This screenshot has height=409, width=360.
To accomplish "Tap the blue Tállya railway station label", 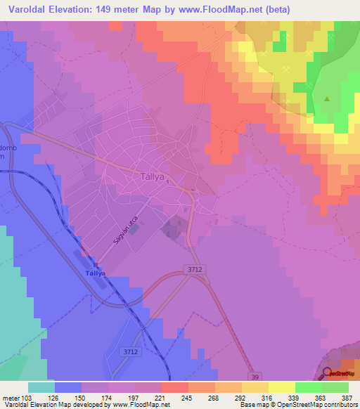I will pyautogui.click(x=94, y=273).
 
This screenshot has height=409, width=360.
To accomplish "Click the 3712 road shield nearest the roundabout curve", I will pyautogui.click(x=194, y=268).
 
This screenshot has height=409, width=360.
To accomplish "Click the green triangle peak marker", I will pyautogui.click(x=327, y=98).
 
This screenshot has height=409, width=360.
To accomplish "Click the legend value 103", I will pyautogui.click(x=27, y=398).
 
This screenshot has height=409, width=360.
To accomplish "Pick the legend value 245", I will pyautogui.click(x=186, y=398).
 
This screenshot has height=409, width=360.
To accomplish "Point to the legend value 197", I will pyautogui.click(x=133, y=398).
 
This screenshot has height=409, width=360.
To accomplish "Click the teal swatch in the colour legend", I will pyautogui.click(x=41, y=387).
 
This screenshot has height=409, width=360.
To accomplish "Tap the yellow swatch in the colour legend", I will pyautogui.click(x=281, y=387).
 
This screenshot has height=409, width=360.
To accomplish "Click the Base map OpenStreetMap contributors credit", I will pyautogui.click(x=297, y=405).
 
